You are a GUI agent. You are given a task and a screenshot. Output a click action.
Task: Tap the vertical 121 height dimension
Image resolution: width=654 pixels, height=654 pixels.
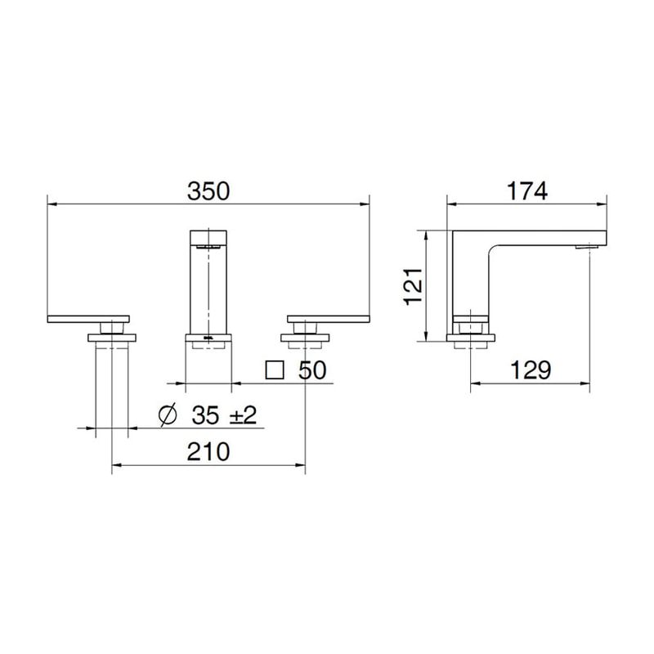[x=414, y=286]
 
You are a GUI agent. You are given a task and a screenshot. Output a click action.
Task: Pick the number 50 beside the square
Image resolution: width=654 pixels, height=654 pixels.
[x=311, y=370]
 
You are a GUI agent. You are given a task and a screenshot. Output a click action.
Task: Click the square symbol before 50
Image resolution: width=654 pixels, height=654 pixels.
[x=275, y=370]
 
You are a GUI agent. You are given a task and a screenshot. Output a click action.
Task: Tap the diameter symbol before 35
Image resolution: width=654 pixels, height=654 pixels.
[x=166, y=415]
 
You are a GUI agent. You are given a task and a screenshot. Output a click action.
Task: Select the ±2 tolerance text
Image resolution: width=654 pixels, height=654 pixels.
[x=242, y=415]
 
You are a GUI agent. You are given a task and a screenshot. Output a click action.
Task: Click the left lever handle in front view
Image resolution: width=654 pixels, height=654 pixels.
[x=89, y=318]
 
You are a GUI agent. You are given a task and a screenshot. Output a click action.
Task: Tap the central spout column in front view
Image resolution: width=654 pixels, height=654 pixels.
[x=208, y=286]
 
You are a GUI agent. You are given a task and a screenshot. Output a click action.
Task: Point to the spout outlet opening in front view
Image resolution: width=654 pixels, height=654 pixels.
[x=208, y=244]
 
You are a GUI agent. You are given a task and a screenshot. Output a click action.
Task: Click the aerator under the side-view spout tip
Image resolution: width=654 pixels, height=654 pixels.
[x=587, y=246]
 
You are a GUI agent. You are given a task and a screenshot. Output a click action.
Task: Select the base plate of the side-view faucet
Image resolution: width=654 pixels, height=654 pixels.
[x=471, y=336]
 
